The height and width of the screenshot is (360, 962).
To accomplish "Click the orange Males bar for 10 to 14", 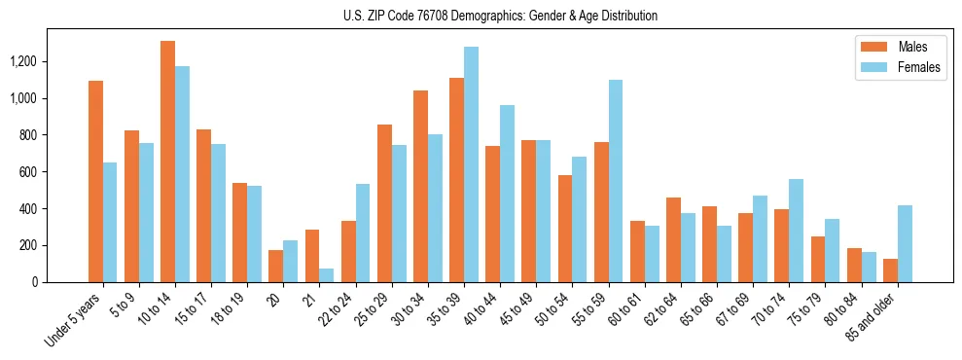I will click(x=167, y=162).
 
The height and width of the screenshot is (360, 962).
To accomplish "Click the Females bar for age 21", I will click(x=327, y=275).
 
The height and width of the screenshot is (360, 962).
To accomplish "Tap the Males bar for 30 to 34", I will click(x=420, y=186).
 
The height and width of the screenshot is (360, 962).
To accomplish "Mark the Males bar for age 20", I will click(x=276, y=266).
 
